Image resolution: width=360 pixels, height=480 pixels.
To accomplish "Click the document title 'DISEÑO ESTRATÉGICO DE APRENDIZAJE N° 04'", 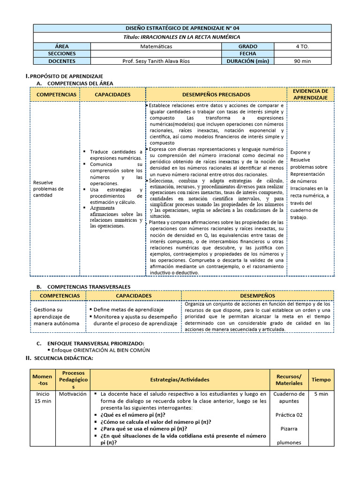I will tap(182, 28).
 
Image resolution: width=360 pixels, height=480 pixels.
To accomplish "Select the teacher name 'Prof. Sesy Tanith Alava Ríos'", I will tap(156, 61).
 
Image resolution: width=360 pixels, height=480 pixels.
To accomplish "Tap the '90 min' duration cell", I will tap(302, 61).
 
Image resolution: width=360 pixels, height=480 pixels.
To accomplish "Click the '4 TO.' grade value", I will tap(302, 46).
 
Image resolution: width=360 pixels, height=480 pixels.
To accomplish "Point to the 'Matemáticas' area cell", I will tap(156, 46).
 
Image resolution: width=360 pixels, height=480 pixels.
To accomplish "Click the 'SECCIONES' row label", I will tap(61, 54).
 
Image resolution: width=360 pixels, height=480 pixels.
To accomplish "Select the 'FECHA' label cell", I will tap(247, 54).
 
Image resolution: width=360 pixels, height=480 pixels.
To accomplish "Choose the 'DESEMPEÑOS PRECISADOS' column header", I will tap(216, 94).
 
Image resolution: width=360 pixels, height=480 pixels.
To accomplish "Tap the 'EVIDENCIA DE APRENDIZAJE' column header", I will tap(310, 94).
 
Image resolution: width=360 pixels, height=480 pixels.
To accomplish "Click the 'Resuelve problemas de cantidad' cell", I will tap(48, 189).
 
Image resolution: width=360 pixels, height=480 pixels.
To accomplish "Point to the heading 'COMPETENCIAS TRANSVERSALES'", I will tap(89, 286).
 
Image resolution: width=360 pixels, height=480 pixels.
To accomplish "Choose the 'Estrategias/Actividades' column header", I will tap(180, 380).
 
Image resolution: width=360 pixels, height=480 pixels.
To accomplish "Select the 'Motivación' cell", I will tap(73, 394).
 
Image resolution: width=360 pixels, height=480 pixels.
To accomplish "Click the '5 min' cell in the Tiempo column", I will tap(321, 394).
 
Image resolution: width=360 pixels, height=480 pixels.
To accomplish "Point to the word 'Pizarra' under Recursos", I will tap(289, 428).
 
